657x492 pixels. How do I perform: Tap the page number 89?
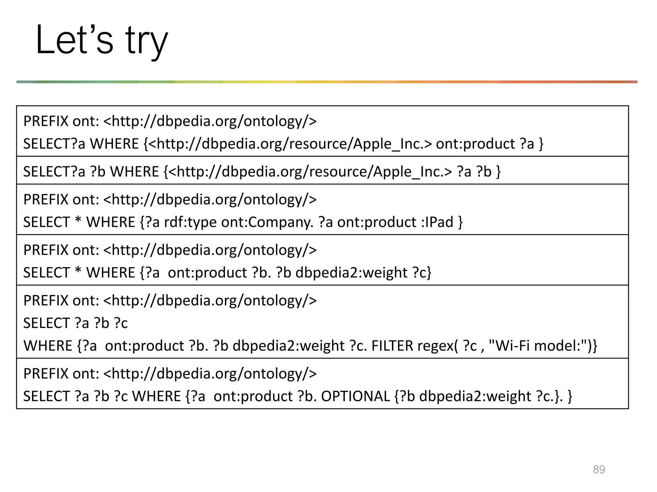coord(599,469)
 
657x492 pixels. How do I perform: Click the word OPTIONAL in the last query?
coord(355,396)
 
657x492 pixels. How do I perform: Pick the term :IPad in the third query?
coord(437,222)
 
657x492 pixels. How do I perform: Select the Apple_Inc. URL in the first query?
coord(290,144)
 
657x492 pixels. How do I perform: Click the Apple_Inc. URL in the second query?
coord(310,172)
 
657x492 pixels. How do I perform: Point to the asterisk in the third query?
coord(78,222)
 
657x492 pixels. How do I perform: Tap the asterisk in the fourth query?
coord(78,273)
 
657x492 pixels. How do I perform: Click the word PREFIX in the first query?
coord(46,121)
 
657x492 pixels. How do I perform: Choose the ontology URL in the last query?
coord(210,373)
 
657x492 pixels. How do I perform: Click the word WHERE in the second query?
coord(134,172)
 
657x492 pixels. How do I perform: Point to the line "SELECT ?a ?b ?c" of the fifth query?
coord(75,323)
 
